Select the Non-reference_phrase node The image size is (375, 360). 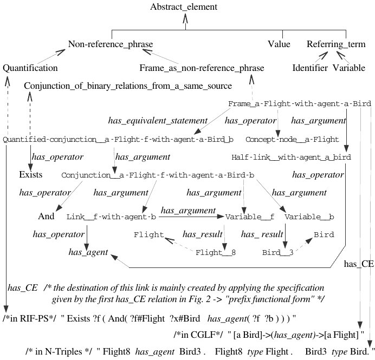[x=111, y=44]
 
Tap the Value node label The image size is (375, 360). [x=279, y=44]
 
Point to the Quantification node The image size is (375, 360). [x=30, y=68]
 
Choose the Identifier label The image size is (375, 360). [x=309, y=68]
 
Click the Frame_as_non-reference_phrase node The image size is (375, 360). [x=202, y=68]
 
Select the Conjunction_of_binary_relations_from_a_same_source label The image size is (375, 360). [x=128, y=86]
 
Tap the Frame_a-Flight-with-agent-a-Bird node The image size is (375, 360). [x=299, y=103]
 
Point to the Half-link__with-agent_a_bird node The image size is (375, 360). [x=291, y=158]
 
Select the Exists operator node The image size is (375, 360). [x=31, y=176]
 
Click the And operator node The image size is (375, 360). [x=47, y=217]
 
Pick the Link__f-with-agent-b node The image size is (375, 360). [x=111, y=217]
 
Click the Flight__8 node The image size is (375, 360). [x=215, y=252]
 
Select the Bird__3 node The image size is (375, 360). [x=279, y=252]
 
